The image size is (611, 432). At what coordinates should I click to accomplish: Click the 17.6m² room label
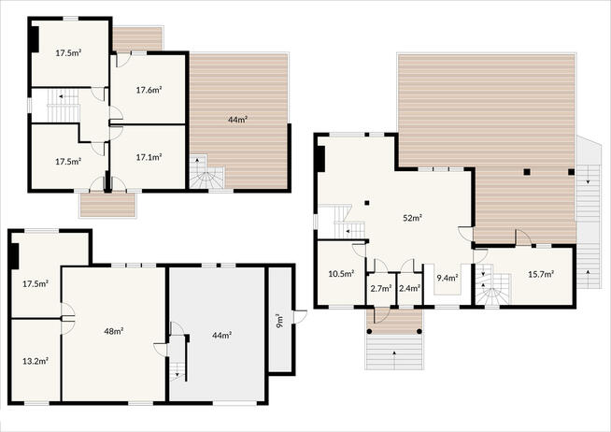click(149, 90)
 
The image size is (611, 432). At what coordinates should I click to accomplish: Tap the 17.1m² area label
click(149, 157)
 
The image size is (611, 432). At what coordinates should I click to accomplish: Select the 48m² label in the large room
click(114, 331)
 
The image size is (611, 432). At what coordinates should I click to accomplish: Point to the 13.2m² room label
click(36, 361)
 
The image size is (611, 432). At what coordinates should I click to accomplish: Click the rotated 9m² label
click(279, 321)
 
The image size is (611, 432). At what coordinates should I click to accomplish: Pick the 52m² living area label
click(413, 218)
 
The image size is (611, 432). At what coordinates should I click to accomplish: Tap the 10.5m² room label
click(341, 274)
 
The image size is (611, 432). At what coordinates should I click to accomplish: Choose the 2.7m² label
click(381, 289)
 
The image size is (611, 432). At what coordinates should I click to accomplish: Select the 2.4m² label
click(409, 289)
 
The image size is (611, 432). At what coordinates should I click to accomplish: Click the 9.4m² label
click(448, 278)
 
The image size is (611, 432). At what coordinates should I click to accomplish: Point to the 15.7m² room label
click(541, 274)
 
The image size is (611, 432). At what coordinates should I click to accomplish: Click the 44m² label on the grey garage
click(222, 336)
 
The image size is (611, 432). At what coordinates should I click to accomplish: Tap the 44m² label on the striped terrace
click(238, 120)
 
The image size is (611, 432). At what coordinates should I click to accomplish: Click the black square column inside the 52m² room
click(367, 203)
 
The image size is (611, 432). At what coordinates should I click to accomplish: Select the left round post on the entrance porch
click(369, 331)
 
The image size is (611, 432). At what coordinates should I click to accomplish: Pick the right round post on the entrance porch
click(419, 331)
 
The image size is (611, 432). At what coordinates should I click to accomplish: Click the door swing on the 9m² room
click(301, 317)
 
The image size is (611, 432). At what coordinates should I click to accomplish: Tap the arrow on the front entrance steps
click(394, 359)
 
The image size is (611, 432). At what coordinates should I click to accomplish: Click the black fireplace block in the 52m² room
click(320, 159)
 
